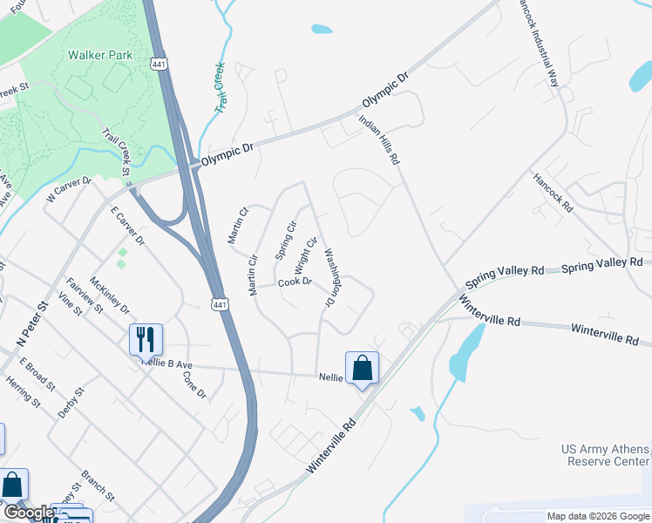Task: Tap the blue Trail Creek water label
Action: click(x=220, y=87)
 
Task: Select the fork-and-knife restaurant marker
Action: click(x=146, y=339)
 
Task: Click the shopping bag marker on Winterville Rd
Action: click(x=363, y=368)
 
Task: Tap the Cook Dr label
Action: click(x=295, y=282)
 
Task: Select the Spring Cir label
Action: click(x=284, y=240)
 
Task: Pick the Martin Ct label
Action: click(x=239, y=225)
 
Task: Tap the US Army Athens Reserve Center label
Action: click(x=606, y=454)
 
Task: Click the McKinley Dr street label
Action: click(x=108, y=297)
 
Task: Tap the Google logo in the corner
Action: click(x=28, y=513)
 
